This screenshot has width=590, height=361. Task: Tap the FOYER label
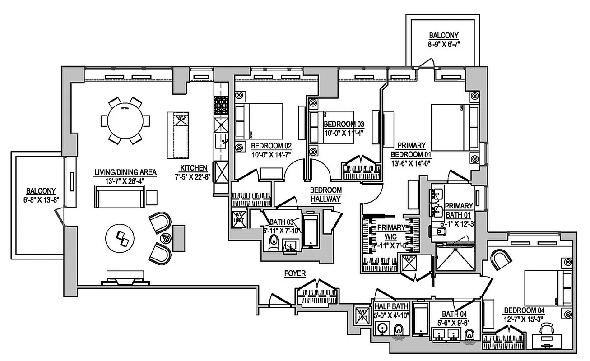coord(295,273)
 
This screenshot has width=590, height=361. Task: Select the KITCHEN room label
coord(192,167)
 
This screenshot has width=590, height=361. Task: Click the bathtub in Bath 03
coord(311,231)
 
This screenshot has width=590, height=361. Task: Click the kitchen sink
coord(222,140)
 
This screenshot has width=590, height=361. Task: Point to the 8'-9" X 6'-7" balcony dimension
coord(444,44)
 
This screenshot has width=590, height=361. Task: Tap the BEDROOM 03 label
coord(344,124)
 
